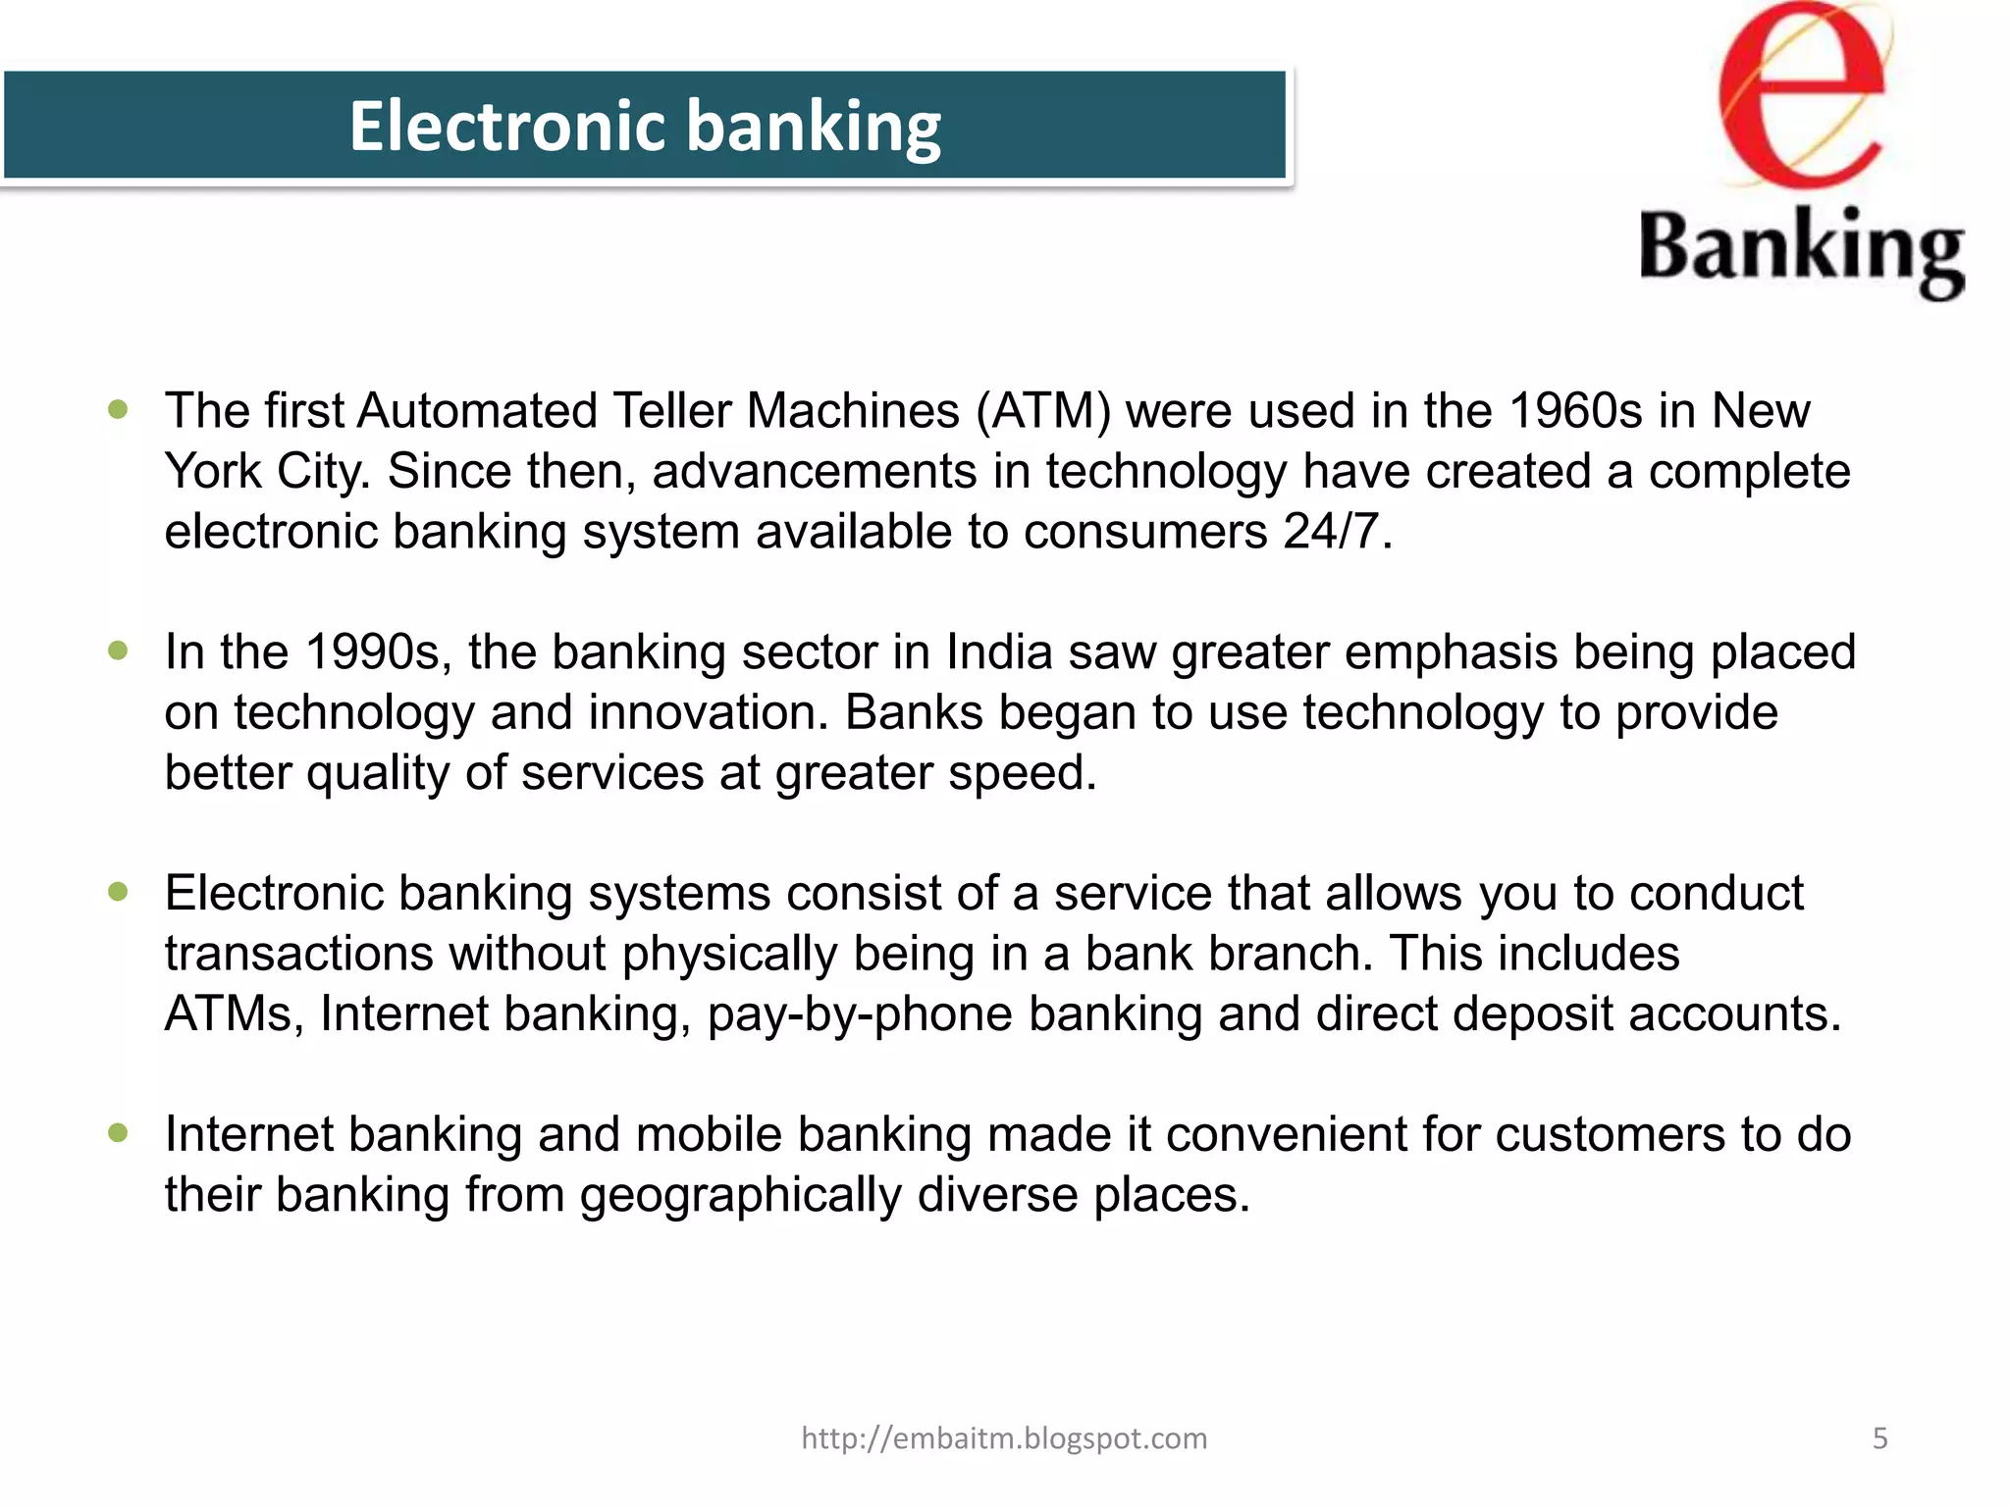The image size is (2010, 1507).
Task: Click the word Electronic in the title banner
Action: click(508, 127)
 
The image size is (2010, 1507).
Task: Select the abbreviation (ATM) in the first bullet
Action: click(1043, 411)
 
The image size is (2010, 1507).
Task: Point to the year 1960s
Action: click(1575, 411)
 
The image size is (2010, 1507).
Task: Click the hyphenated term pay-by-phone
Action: click(860, 1014)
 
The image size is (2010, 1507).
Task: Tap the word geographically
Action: click(740, 1196)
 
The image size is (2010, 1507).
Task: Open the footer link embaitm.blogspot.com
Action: click(1004, 1438)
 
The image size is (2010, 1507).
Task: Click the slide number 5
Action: click(1879, 1438)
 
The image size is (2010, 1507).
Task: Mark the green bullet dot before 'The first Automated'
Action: click(119, 409)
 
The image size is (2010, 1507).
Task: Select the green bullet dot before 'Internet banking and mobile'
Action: click(119, 1133)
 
